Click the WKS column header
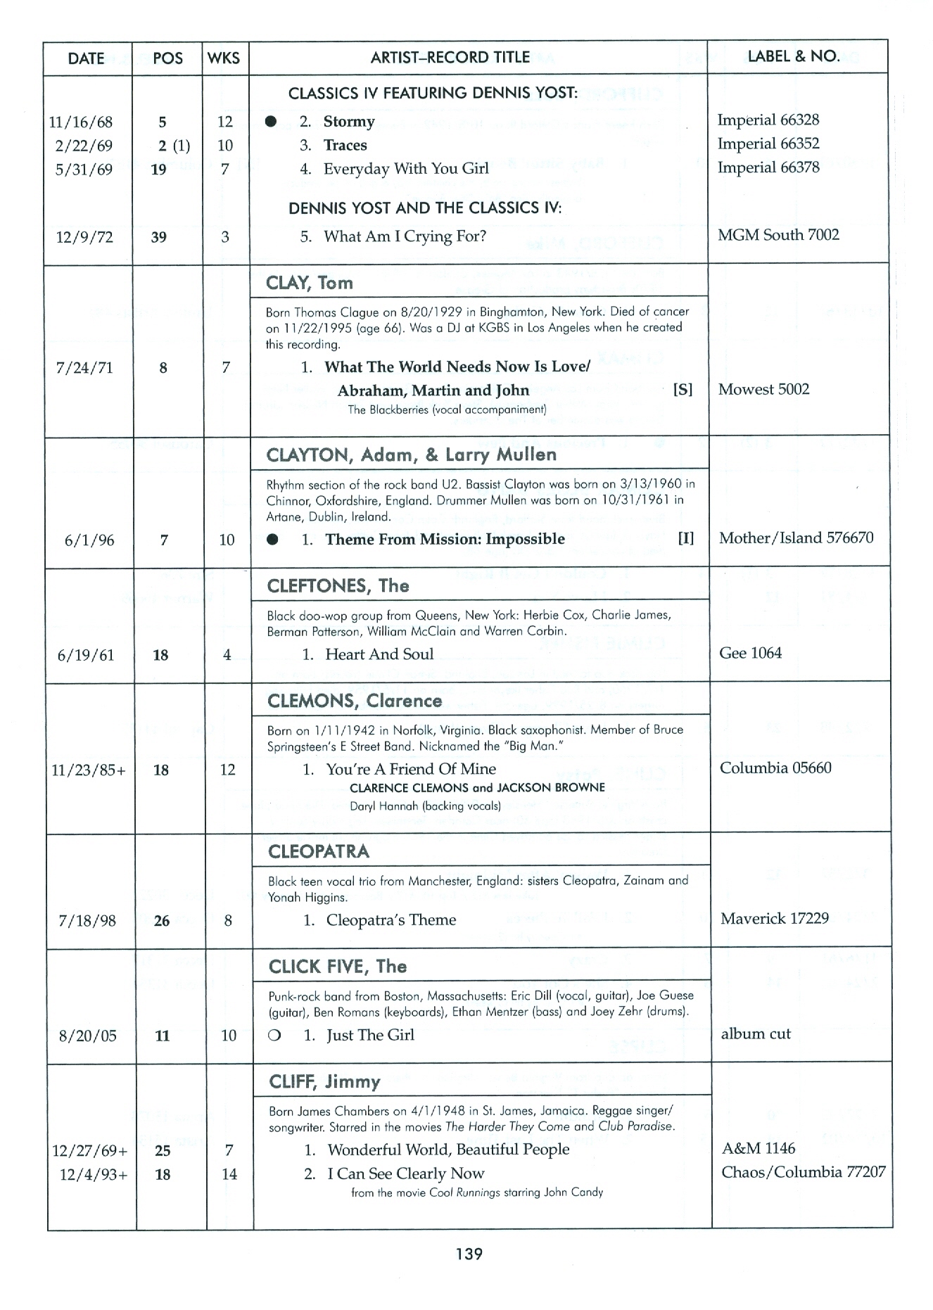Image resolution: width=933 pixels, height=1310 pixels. point(224,58)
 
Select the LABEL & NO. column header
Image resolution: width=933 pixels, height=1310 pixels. point(794,56)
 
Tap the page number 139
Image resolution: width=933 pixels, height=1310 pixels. point(469,1253)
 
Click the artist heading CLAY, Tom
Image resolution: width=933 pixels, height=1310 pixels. point(310,283)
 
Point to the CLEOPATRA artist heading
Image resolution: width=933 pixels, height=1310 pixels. point(319,852)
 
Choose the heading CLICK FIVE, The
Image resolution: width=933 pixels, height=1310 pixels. point(338,967)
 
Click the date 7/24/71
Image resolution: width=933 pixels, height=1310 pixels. point(84,367)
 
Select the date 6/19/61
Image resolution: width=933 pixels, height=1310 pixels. point(85,656)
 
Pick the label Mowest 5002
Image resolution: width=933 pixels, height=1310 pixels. point(763,389)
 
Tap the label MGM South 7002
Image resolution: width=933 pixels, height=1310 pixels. point(778,235)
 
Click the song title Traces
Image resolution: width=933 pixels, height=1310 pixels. point(345,146)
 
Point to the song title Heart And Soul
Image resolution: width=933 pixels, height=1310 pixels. point(379,654)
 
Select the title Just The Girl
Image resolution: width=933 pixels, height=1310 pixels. point(370,1035)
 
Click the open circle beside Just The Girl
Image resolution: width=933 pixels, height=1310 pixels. point(274,1036)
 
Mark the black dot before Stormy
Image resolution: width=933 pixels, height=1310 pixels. point(271,122)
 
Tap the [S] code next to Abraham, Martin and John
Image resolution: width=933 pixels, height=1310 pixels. point(683,390)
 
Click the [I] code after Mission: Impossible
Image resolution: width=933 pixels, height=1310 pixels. point(685,539)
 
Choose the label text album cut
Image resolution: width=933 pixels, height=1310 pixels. point(756,1034)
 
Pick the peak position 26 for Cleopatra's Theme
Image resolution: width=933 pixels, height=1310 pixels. point(162,921)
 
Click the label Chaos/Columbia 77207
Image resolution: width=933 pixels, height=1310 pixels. point(803,1172)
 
